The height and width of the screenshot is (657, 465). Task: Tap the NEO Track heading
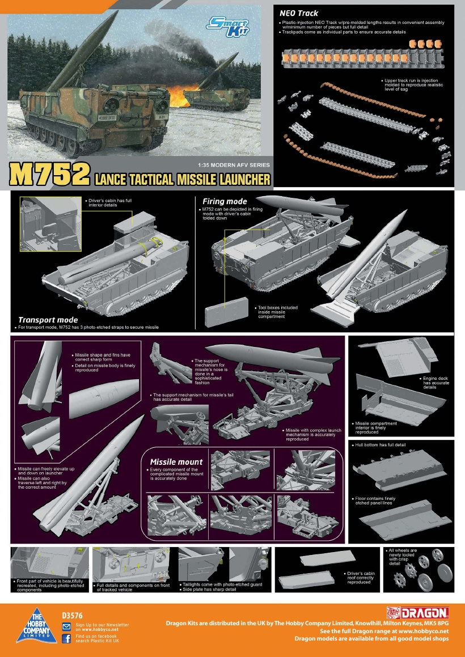pos(299,12)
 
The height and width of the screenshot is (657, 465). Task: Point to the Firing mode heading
pos(225,201)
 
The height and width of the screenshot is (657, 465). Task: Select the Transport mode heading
pos(48,320)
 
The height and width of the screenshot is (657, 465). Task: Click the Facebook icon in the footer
pos(66,639)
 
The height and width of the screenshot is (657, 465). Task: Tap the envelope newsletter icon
pos(66,626)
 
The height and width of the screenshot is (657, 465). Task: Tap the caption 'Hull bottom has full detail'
pos(381,445)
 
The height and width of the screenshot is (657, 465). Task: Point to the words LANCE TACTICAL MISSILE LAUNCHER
pos(182,180)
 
